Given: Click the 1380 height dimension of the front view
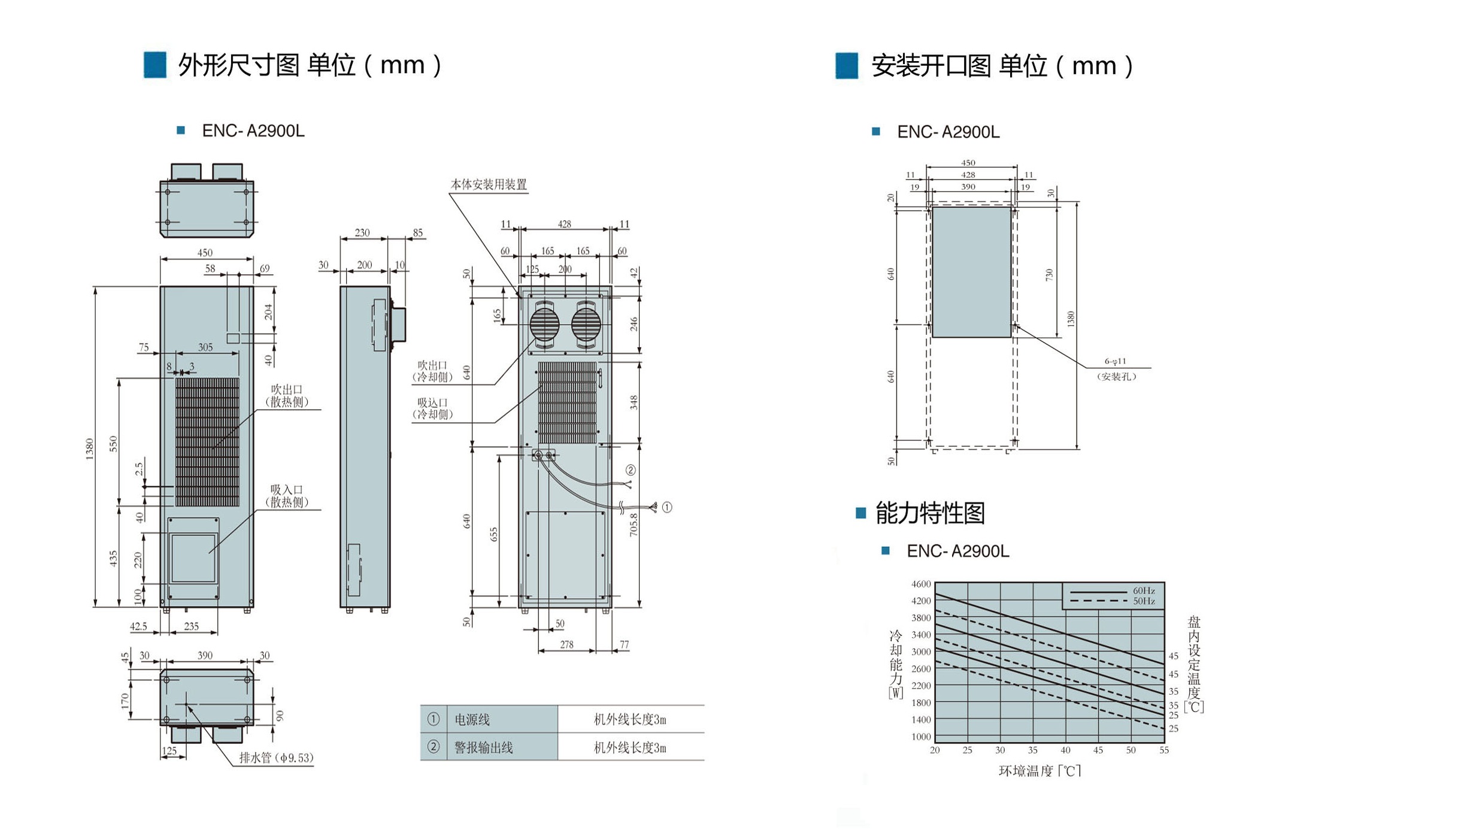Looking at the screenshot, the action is coord(90,449).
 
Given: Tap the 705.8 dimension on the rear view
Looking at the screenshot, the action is coord(634,525).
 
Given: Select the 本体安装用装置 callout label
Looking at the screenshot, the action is coord(489,184).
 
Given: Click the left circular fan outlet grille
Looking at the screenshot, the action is coord(545,325).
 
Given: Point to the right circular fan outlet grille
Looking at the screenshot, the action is coord(586,325).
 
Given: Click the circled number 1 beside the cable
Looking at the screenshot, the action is coord(666,507).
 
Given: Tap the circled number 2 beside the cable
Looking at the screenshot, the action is coord(631,470).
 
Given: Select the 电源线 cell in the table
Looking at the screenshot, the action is coord(472,719).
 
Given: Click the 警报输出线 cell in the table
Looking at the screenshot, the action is coord(484,747).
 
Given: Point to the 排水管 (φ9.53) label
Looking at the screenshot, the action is coord(277,758).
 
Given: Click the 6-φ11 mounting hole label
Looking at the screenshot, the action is coord(1115,361).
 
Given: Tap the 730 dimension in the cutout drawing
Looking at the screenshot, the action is coord(1048,275).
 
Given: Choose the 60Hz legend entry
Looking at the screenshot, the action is coord(1144,590).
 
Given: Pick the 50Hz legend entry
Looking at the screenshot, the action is coord(1144,601).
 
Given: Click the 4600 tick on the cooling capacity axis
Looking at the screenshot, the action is coord(921,584).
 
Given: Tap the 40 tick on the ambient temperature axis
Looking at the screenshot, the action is coord(1065,750).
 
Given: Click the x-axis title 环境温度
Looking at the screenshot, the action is coord(1026,771).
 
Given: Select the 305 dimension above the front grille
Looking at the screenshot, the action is coord(205,347).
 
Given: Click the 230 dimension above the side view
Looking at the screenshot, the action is coord(362,233).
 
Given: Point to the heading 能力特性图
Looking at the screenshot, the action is coord(930,513).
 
